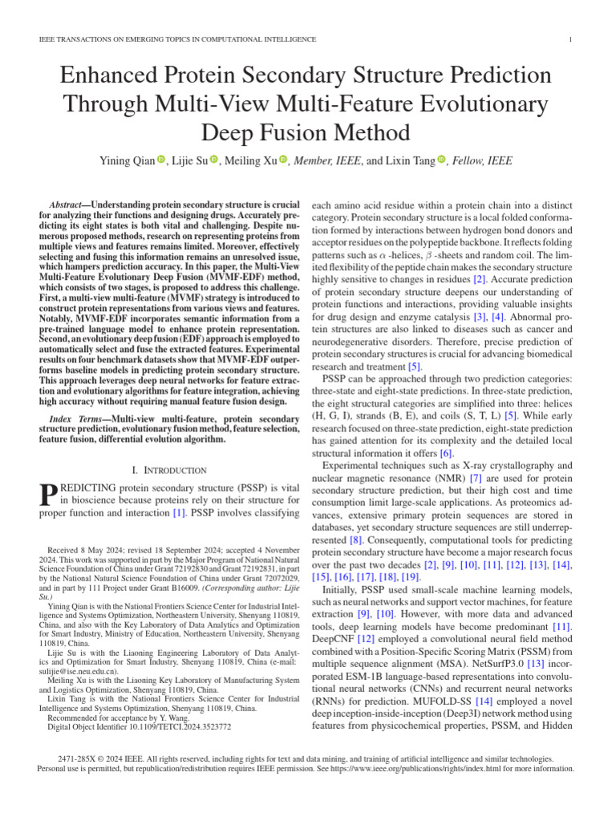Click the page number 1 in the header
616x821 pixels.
point(569,39)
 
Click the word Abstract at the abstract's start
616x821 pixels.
point(67,206)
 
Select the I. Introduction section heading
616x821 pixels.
point(169,469)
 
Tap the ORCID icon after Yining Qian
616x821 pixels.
point(160,160)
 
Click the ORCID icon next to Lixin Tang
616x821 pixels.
point(441,160)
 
